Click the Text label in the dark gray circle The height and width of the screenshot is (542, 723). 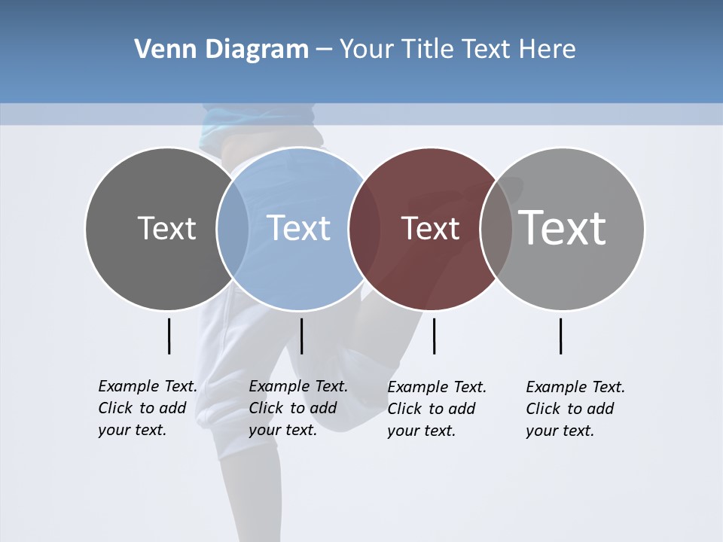tap(166, 228)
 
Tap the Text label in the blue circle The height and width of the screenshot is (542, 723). tap(298, 228)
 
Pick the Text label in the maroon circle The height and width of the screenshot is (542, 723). tap(430, 228)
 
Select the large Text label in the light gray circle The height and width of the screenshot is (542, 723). tap(563, 228)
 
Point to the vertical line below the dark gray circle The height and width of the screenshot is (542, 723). tap(169, 336)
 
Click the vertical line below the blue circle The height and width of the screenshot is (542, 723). tap(301, 336)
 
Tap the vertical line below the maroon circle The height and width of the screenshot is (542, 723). tap(434, 336)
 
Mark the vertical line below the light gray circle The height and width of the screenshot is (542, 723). tap(560, 336)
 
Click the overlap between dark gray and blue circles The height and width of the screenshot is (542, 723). tap(233, 228)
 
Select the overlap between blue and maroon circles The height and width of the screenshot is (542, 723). tap(365, 228)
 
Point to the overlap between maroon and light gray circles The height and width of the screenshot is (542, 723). tap(496, 228)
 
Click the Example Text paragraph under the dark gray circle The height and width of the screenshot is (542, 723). tap(148, 408)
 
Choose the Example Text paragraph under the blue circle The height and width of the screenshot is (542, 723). tap(298, 408)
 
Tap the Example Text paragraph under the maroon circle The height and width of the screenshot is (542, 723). tap(437, 409)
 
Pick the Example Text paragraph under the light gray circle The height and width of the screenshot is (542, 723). tap(575, 409)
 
